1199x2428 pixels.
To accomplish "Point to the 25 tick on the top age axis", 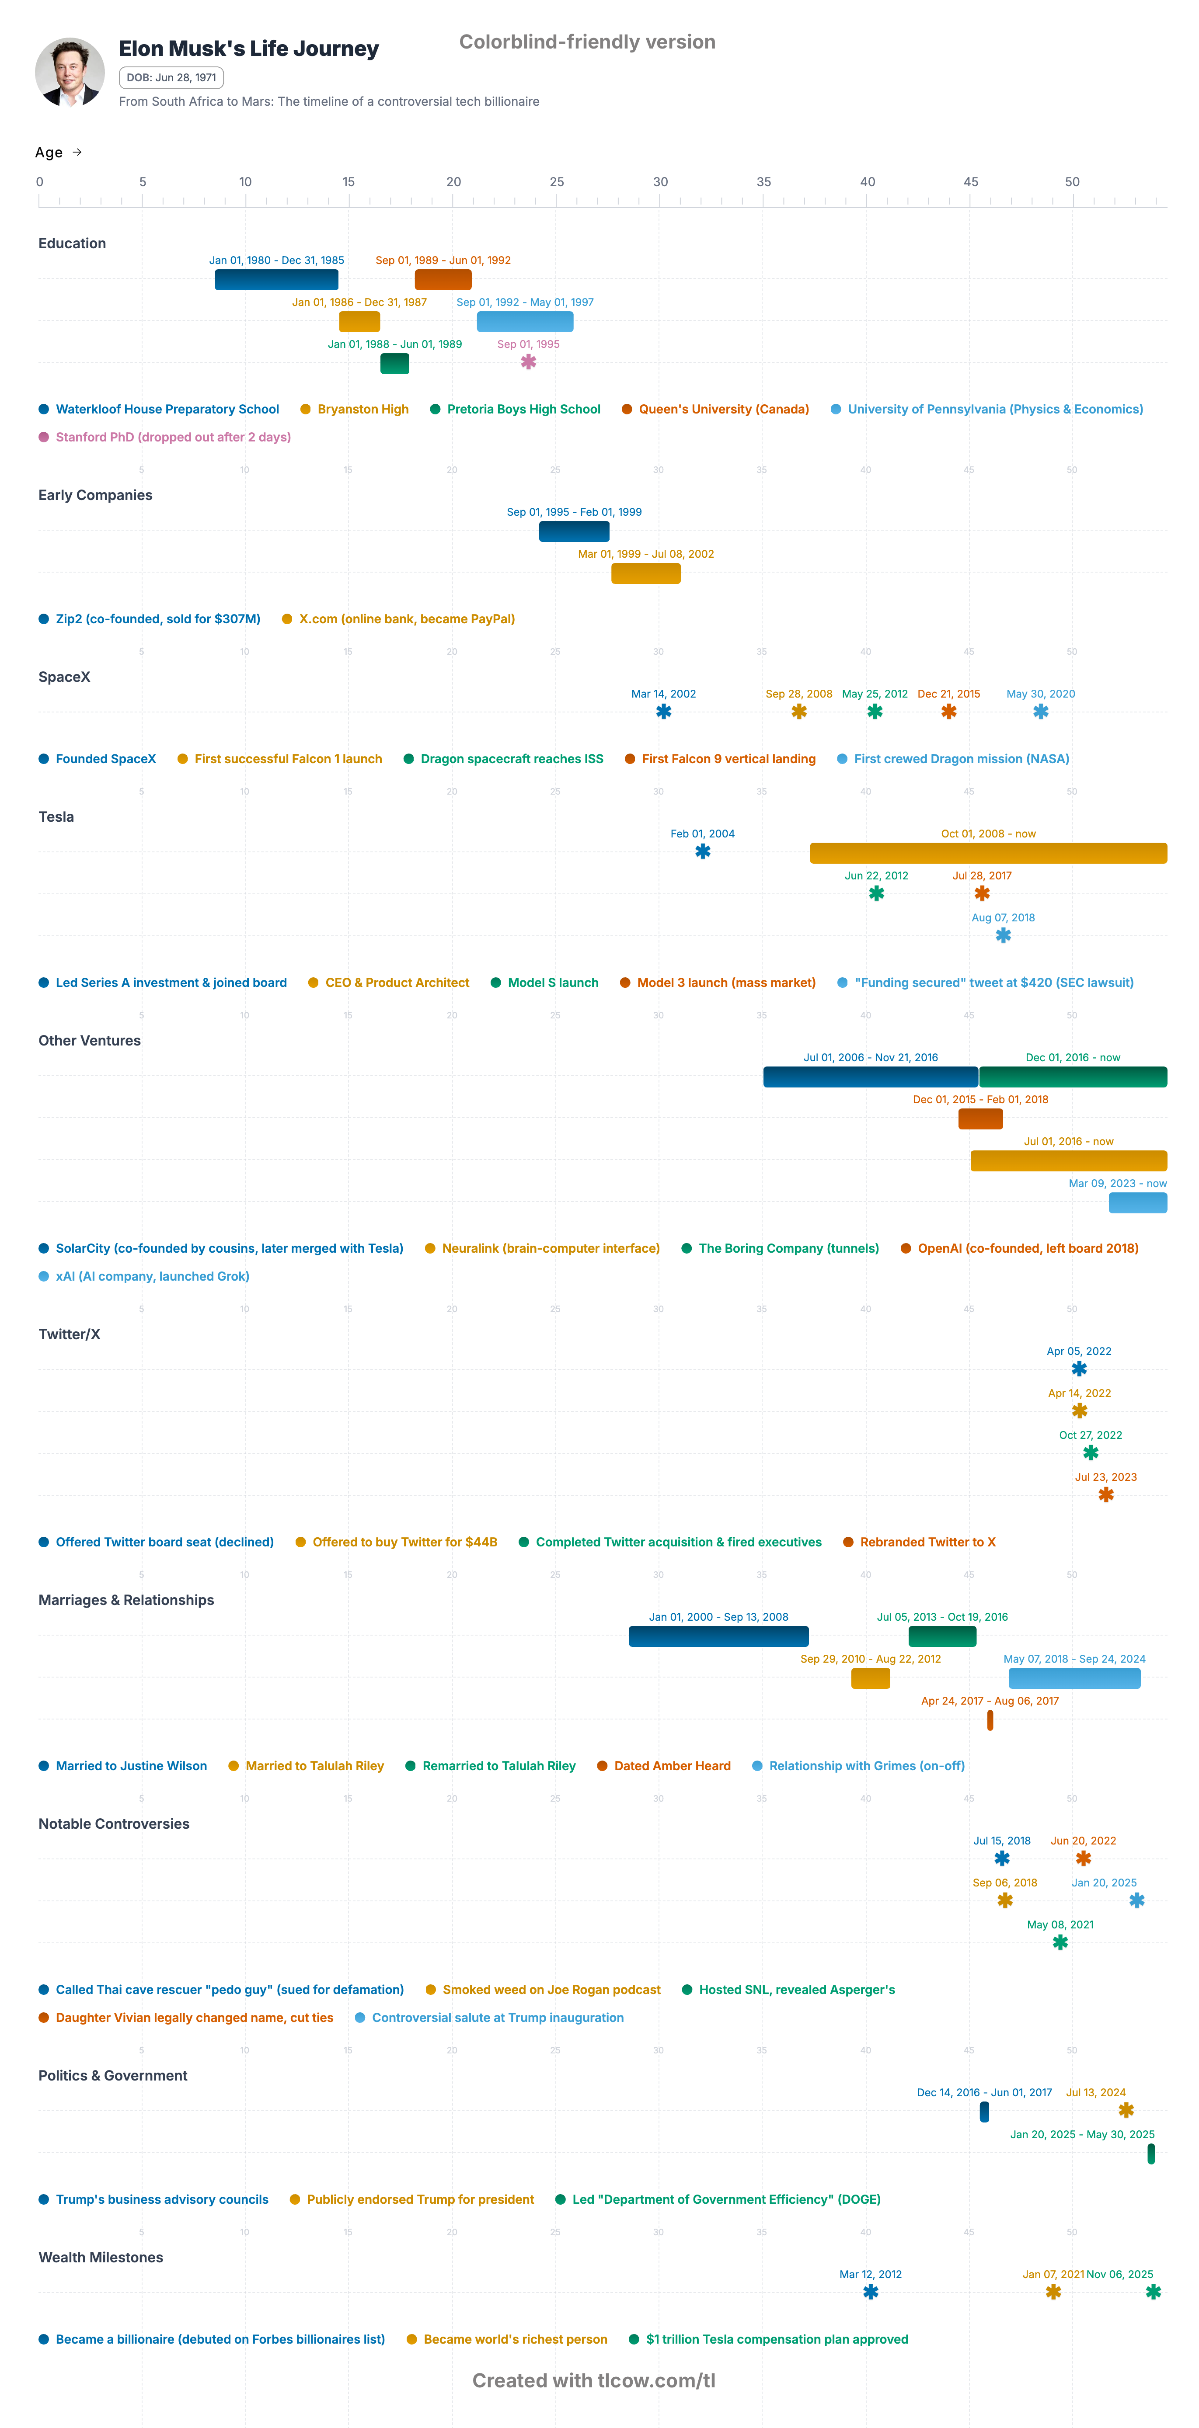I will pyautogui.click(x=556, y=182).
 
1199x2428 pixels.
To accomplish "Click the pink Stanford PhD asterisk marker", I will pyautogui.click(x=529, y=362).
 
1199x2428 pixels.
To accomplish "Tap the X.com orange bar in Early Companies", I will pyautogui.click(x=646, y=573).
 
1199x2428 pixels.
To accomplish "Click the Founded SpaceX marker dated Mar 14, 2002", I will pyautogui.click(x=664, y=712).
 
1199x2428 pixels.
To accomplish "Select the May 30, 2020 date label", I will pyautogui.click(x=1041, y=694).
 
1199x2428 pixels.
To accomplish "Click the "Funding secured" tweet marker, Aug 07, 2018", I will pyautogui.click(x=1003, y=935).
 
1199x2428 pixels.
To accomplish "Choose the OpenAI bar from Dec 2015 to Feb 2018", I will pyautogui.click(x=980, y=1119).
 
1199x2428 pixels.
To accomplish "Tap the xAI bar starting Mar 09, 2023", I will pyautogui.click(x=1138, y=1203).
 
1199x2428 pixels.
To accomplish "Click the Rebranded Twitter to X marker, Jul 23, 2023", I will pyautogui.click(x=1106, y=1495).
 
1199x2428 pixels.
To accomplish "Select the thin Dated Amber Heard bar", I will pyautogui.click(x=990, y=1720).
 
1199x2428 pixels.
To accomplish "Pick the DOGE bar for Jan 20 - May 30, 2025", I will pyautogui.click(x=1151, y=2154).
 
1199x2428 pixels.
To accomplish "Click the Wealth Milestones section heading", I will pyautogui.click(x=101, y=2258).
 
